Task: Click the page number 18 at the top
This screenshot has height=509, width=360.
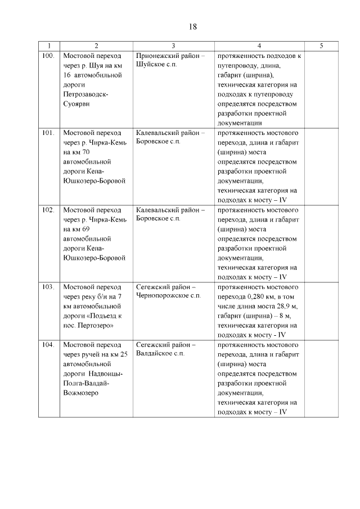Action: pyautogui.click(x=191, y=26)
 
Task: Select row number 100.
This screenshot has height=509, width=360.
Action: pyautogui.click(x=48, y=56)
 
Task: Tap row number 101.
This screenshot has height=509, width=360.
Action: pyautogui.click(x=48, y=133)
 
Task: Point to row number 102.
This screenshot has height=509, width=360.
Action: pyautogui.click(x=48, y=210)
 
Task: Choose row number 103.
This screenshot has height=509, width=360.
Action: pyautogui.click(x=48, y=286)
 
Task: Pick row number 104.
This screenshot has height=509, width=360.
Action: pyautogui.click(x=48, y=344)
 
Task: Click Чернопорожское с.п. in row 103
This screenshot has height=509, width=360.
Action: pyautogui.click(x=168, y=296)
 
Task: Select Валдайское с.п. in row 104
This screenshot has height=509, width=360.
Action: pyautogui.click(x=160, y=354)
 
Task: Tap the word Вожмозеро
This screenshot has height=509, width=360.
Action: pyautogui.click(x=81, y=393)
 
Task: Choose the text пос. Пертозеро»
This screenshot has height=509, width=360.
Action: pyautogui.click(x=89, y=325)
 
